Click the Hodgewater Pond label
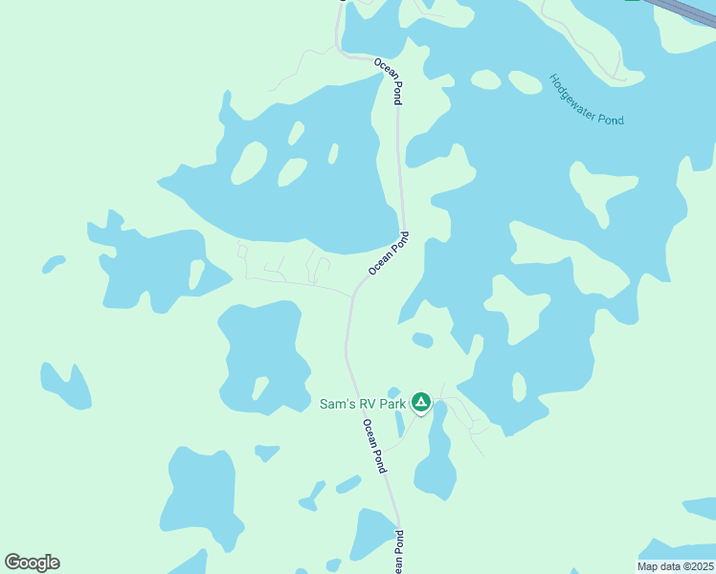(x=587, y=99)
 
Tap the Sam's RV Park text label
(x=363, y=404)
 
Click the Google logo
(x=32, y=563)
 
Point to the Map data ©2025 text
(x=676, y=566)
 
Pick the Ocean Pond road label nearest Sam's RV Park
(x=373, y=446)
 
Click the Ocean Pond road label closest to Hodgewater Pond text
(x=388, y=80)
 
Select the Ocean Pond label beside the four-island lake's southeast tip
(x=388, y=254)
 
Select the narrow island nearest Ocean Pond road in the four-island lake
(x=332, y=153)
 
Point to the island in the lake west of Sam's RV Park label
(x=259, y=388)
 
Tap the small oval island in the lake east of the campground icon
(x=519, y=386)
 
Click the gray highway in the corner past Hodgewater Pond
(x=684, y=9)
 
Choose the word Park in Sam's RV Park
(x=392, y=404)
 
